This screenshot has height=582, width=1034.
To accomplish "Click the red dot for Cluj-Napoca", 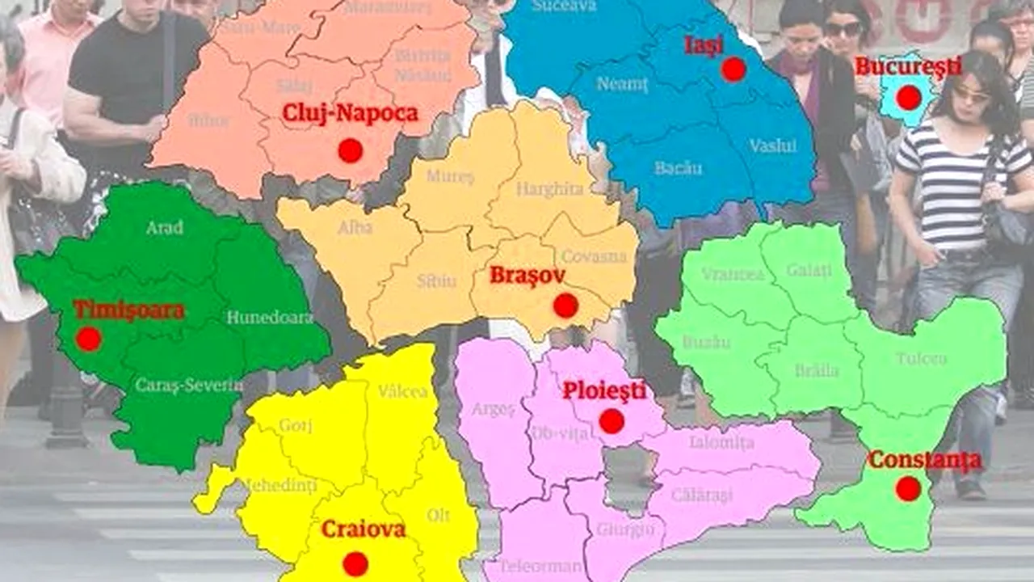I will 350,150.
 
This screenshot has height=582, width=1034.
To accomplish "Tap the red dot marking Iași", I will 733,70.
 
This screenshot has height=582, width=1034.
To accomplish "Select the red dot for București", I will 909,98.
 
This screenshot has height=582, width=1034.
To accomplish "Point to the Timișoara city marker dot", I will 88,339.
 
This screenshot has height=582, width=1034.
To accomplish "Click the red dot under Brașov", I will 565,306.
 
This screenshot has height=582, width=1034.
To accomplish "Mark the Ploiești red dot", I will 612,420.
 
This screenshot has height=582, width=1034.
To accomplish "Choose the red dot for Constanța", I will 908,488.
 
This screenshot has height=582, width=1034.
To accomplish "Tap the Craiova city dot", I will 355,563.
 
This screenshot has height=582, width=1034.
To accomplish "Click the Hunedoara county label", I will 269,318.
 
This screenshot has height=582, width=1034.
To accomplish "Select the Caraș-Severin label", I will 188,386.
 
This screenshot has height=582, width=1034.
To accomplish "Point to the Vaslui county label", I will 772,146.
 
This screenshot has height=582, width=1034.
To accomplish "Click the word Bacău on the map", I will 678,168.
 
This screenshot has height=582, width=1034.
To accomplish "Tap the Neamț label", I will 622,84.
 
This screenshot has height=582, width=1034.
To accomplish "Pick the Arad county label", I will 164,228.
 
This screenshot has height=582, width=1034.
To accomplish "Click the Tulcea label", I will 921,358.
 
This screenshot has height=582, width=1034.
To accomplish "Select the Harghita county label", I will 549,189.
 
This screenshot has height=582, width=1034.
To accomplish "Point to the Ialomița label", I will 721,442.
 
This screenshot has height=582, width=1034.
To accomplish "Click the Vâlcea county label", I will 403,392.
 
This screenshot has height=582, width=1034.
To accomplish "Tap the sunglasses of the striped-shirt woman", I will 970,95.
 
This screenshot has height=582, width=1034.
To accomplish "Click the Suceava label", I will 565,6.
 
